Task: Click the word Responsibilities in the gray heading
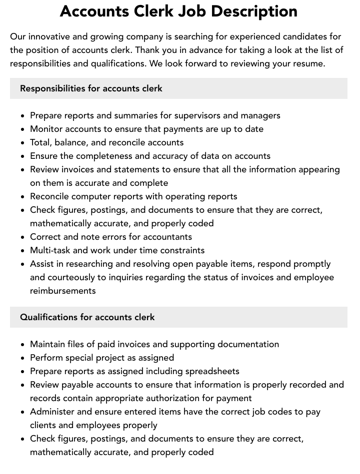52,88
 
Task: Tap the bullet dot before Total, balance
22,143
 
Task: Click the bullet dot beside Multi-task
22,251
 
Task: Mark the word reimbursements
63,291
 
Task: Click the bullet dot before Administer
22,412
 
